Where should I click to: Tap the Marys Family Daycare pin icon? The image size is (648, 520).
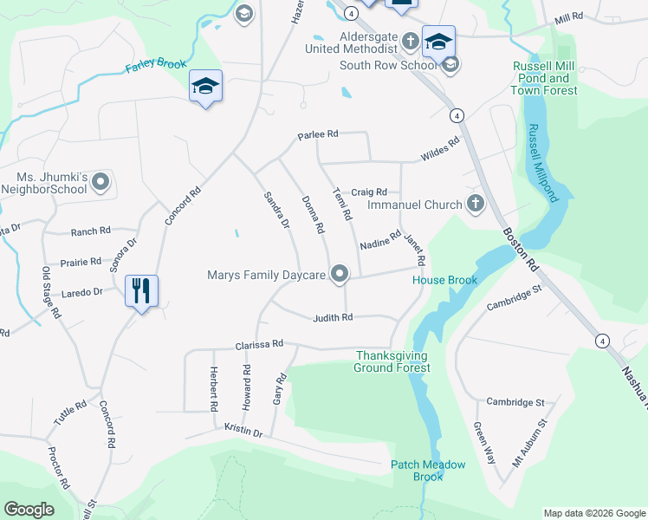pyautogui.click(x=340, y=275)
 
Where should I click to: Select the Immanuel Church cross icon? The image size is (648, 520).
pyautogui.click(x=474, y=205)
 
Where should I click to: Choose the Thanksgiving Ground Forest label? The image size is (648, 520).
pyautogui.click(x=392, y=361)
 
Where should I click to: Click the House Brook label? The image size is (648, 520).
pyautogui.click(x=444, y=281)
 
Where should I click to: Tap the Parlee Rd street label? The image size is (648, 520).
pyautogui.click(x=317, y=135)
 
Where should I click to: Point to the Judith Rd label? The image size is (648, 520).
pyautogui.click(x=334, y=318)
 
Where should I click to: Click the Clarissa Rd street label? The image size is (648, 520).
pyautogui.click(x=259, y=345)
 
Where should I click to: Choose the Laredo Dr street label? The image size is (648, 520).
pyautogui.click(x=81, y=293)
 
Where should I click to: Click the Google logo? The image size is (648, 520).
pyautogui.click(x=29, y=510)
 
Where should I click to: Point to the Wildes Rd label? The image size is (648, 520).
pyautogui.click(x=439, y=151)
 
